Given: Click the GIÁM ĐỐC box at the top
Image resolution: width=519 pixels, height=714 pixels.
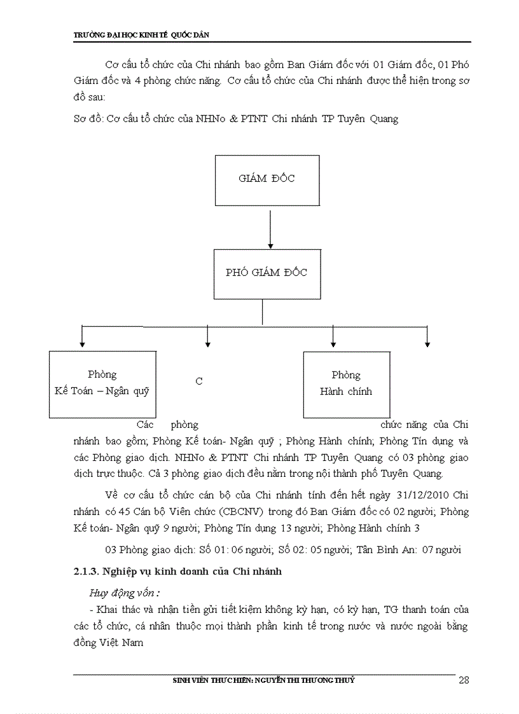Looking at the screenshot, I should pyautogui.click(x=266, y=179).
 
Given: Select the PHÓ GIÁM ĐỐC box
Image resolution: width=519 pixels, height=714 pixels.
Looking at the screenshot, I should pyautogui.click(x=266, y=273).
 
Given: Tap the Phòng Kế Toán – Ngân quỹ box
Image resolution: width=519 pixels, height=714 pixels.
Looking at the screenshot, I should pyautogui.click(x=102, y=384).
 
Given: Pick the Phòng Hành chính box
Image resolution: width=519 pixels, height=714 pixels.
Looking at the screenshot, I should pyautogui.click(x=346, y=384).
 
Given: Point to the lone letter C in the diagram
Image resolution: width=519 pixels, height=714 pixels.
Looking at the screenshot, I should pyautogui.click(x=199, y=381).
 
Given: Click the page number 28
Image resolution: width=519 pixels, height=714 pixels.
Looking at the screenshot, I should pyautogui.click(x=464, y=680).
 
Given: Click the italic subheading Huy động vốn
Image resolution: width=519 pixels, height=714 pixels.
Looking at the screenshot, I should pyautogui.click(x=123, y=593).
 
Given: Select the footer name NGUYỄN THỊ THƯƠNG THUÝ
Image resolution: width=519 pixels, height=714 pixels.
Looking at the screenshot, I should pyautogui.click(x=304, y=680).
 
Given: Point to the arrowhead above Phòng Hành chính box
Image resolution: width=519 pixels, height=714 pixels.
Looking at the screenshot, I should pyautogui.click(x=333, y=344).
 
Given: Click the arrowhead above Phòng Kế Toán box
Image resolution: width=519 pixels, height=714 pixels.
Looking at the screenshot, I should pyautogui.click(x=82, y=344).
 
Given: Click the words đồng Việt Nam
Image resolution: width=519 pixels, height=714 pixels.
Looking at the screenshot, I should pyautogui.click(x=108, y=643).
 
